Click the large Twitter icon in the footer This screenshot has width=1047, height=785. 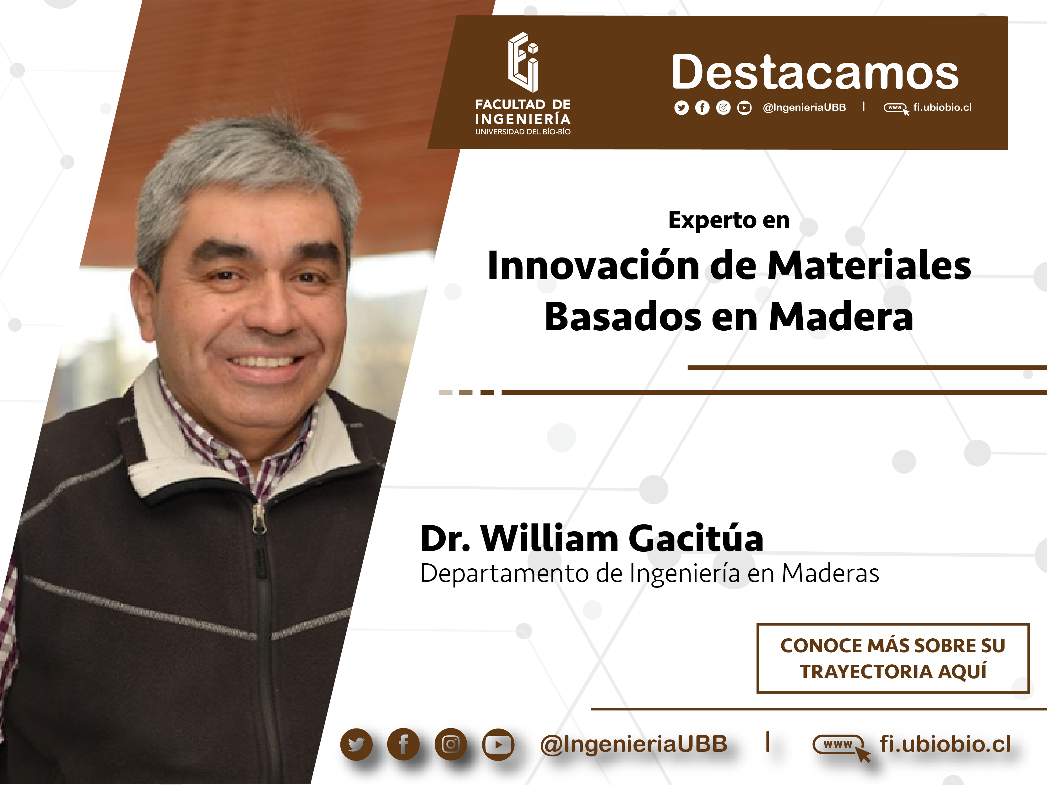point(356,744)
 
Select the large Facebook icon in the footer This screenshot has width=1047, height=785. point(403,744)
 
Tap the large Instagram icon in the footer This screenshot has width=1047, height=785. point(451,744)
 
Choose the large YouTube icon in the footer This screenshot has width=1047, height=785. point(498,744)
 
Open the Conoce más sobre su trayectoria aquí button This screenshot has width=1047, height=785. point(893,658)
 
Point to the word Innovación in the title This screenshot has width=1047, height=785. point(593,265)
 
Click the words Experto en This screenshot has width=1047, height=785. point(729,220)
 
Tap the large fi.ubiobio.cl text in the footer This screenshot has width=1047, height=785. point(945,744)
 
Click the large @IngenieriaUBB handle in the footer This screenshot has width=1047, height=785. point(633,744)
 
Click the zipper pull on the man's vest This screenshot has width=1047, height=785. point(258,518)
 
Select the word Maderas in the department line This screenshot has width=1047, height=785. point(830,573)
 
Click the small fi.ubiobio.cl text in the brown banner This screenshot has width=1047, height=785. point(942,107)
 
